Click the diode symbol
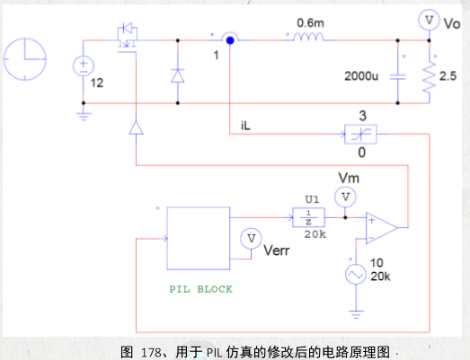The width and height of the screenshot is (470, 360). pos(177,75)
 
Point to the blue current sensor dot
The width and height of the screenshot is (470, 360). pos(230,40)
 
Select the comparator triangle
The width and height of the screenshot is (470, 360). pos(381,227)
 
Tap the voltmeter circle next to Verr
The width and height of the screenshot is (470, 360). pos(252,238)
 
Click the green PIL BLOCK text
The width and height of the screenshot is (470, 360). pos(200,290)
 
